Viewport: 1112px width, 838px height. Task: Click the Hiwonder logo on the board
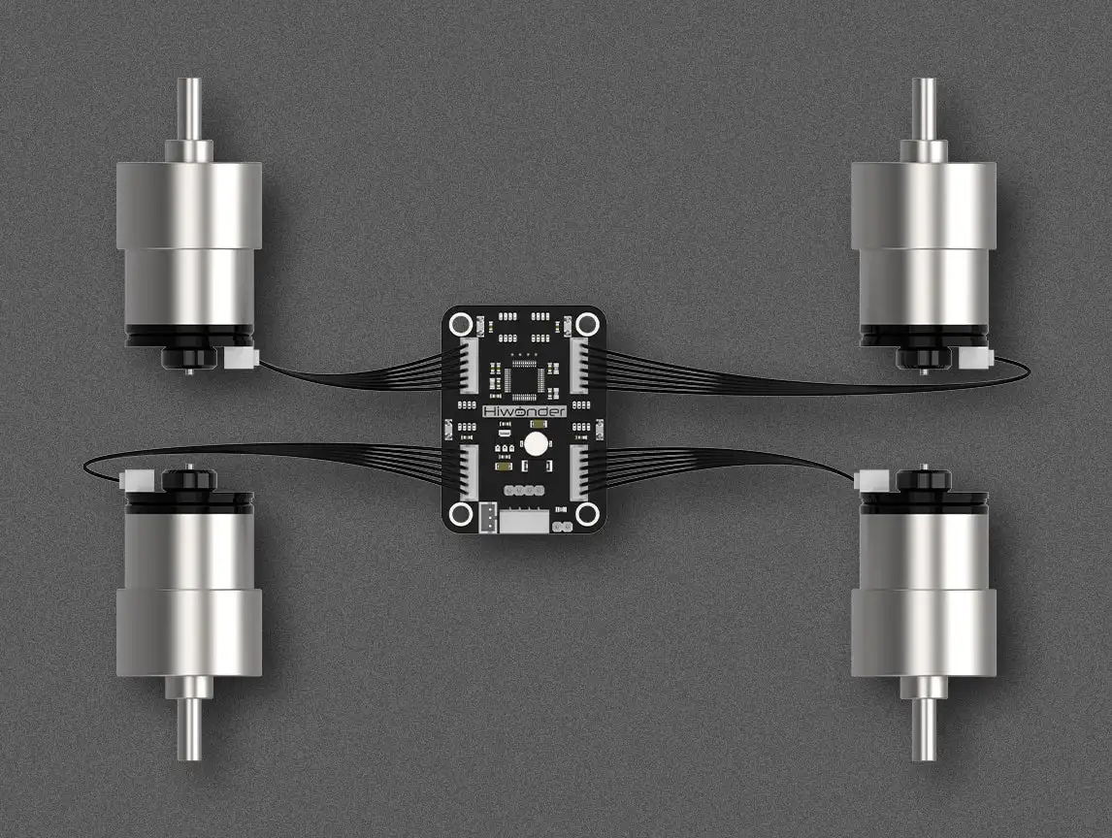tap(523, 411)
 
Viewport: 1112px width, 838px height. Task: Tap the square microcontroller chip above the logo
tap(524, 378)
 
